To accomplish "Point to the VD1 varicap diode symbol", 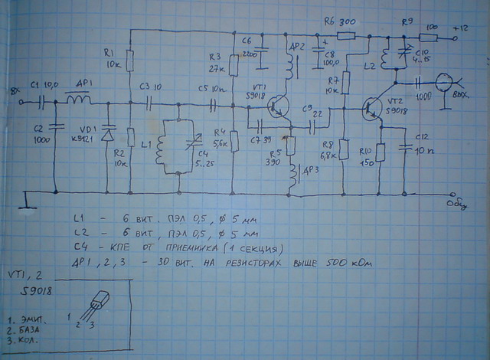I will (x=107, y=136).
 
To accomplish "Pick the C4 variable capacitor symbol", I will (x=192, y=146).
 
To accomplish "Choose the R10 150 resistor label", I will (x=368, y=156).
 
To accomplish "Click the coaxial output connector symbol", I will (x=446, y=80).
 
